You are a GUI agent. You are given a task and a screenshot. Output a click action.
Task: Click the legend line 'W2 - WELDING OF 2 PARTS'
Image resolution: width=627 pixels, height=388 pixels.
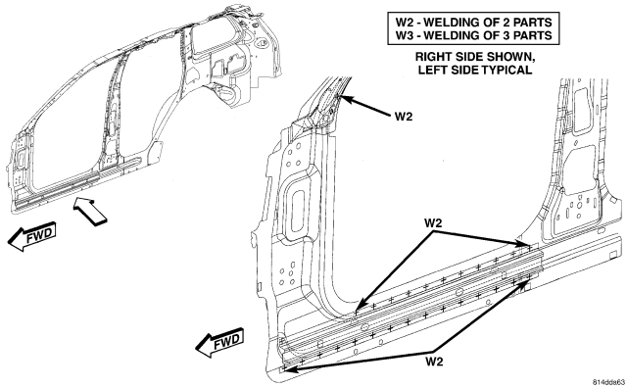(473, 22)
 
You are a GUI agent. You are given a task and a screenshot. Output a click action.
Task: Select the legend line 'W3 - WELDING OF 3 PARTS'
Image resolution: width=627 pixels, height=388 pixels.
(473, 35)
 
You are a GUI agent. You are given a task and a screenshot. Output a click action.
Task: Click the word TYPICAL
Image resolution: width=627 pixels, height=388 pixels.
(506, 70)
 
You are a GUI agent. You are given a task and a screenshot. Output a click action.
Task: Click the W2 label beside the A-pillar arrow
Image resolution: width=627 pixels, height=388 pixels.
(403, 117)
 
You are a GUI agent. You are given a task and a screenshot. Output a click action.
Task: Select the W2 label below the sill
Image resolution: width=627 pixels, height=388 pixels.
(434, 362)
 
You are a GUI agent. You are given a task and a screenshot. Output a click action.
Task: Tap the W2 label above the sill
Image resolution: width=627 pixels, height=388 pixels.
(433, 223)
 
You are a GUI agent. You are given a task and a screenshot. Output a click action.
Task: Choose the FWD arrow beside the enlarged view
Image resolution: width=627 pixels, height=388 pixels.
(219, 343)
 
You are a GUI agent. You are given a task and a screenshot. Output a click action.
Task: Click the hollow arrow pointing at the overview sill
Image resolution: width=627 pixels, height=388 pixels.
(89, 211)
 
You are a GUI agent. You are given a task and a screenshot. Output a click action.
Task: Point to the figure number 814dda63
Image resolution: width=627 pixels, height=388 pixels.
(608, 381)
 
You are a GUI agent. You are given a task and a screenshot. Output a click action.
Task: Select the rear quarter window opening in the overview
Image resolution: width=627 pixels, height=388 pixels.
(212, 38)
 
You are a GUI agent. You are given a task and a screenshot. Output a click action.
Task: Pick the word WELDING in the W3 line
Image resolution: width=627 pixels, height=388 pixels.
(453, 35)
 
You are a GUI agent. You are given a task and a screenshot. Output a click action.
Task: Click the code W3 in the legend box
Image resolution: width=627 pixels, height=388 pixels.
(404, 35)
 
